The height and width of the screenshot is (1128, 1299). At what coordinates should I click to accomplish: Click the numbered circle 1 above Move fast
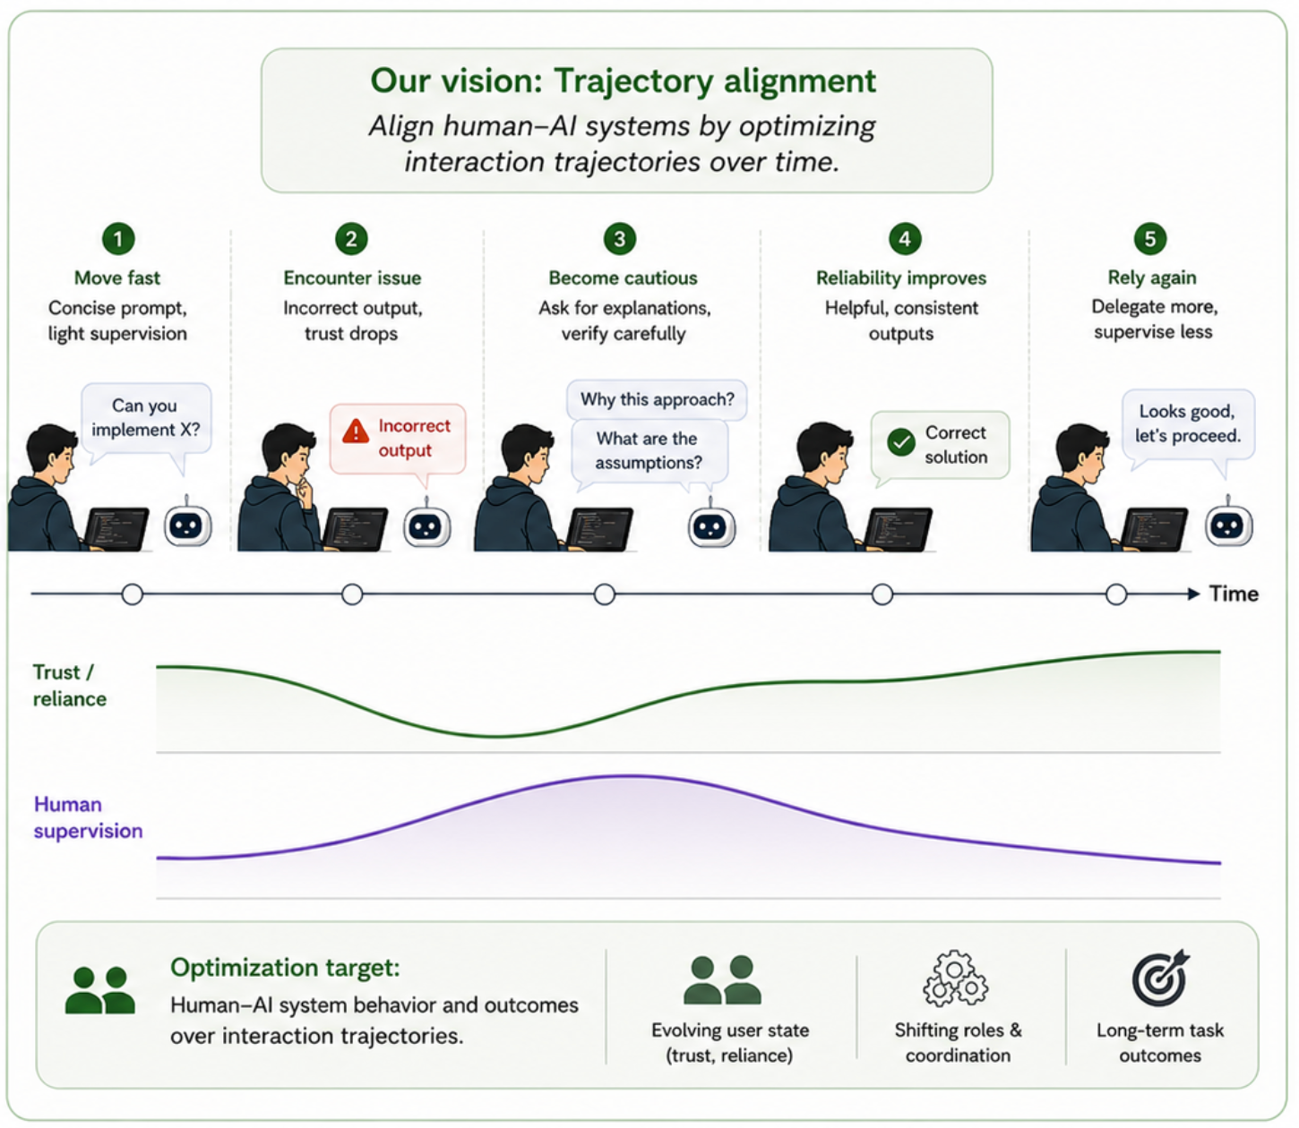tap(118, 239)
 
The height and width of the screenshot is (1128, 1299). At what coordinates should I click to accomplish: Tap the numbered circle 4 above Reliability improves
tap(905, 239)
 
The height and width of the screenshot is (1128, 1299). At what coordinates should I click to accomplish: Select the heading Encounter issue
tap(352, 278)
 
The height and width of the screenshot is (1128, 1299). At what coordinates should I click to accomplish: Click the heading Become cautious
tap(623, 278)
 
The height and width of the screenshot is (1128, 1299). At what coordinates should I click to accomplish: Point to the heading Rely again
tap(1152, 278)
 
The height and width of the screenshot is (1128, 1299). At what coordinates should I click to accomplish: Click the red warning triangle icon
tap(356, 431)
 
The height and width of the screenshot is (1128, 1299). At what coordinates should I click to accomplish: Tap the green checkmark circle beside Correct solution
tap(901, 442)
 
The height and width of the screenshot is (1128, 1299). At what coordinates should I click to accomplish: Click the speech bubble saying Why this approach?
tap(657, 399)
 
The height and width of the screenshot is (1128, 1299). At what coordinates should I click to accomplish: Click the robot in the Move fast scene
tap(187, 524)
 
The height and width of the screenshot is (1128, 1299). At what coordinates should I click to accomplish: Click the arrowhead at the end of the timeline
tap(1193, 594)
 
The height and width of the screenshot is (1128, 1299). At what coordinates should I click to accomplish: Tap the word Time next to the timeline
tap(1234, 594)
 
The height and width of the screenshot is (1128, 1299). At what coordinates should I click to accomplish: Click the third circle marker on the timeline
tap(605, 594)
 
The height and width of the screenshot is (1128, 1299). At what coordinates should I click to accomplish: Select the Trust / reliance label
tap(70, 685)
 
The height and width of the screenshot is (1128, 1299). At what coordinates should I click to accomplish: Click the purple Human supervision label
tap(89, 817)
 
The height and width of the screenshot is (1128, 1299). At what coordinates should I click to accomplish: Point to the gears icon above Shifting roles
tap(955, 978)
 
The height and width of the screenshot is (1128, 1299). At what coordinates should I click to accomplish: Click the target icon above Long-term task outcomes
tap(1161, 978)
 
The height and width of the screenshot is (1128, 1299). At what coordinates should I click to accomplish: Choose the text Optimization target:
tap(285, 968)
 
